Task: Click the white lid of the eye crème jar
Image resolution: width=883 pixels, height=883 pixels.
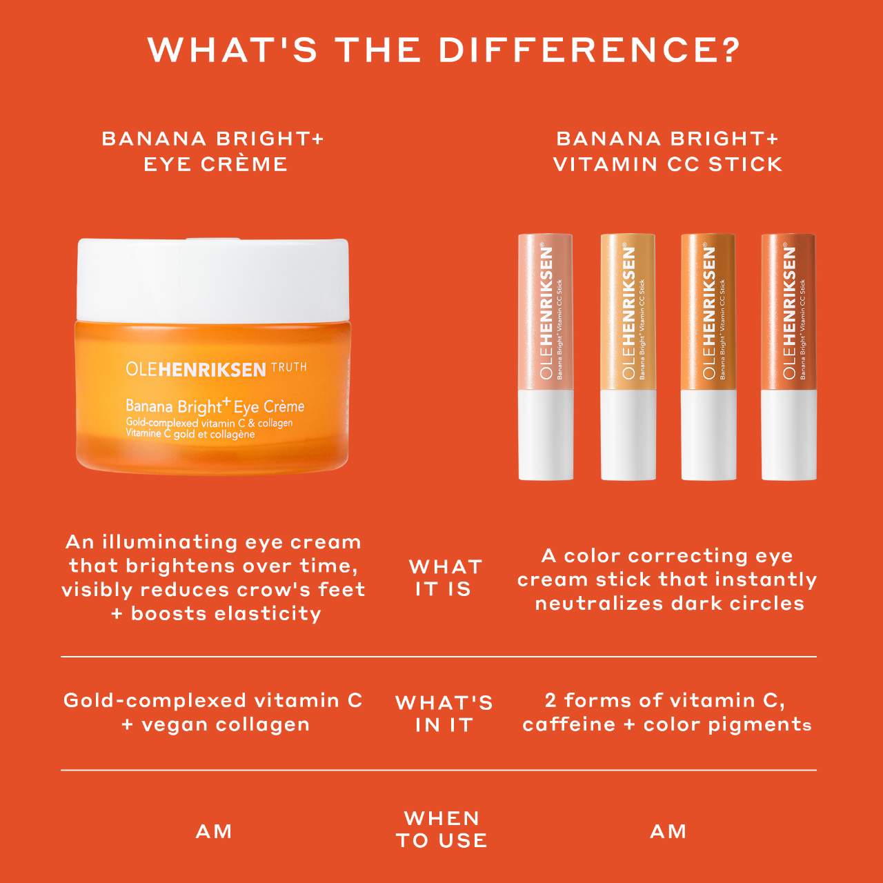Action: [x=212, y=279]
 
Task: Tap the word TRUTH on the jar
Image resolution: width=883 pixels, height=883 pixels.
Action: [x=288, y=368]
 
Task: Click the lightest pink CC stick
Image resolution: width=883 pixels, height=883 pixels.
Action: [x=545, y=357]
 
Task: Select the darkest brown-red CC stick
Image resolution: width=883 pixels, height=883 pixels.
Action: [x=788, y=357]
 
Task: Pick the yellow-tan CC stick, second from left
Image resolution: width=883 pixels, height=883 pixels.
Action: [x=628, y=357]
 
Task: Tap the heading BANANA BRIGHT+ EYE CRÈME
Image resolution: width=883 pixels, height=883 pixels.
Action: [x=214, y=152]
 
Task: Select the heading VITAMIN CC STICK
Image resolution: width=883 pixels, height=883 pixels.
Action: [x=668, y=164]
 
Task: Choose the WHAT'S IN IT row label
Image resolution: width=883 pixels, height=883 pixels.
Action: [x=444, y=713]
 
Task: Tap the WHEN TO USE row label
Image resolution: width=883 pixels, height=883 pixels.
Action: [x=441, y=829]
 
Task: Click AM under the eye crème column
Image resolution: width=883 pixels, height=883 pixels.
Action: [x=214, y=832]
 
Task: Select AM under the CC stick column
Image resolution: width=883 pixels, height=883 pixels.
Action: [x=668, y=832]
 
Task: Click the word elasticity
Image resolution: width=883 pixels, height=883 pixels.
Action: [x=272, y=613]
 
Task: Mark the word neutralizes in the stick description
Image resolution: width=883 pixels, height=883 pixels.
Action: [x=599, y=604]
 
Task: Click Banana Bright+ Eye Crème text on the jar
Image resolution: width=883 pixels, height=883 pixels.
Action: [x=215, y=406]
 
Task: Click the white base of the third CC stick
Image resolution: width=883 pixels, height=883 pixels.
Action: [x=708, y=435]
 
